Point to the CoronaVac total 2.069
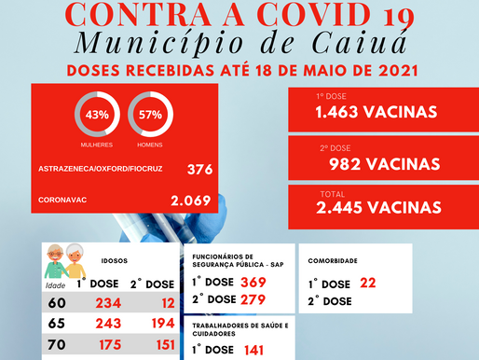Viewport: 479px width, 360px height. [x=191, y=200]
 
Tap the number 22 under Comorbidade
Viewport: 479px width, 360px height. [x=367, y=283]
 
